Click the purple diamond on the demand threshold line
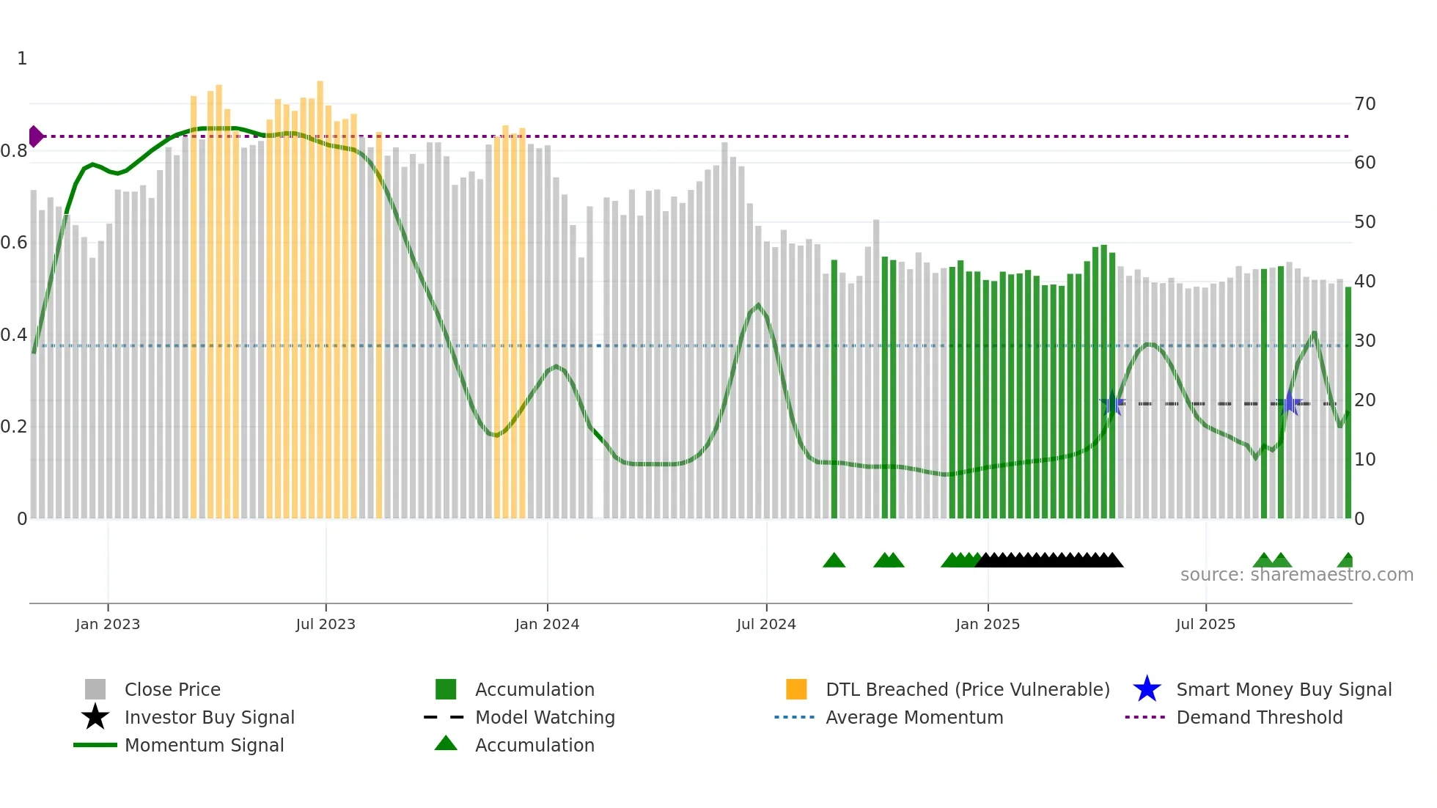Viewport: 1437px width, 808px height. pos(35,136)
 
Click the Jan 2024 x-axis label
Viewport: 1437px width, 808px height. pos(547,624)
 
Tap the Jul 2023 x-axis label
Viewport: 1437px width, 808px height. pos(326,624)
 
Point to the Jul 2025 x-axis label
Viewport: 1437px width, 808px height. pos(1205,624)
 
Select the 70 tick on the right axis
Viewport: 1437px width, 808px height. pos(1364,104)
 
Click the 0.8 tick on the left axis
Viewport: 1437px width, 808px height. pos(14,151)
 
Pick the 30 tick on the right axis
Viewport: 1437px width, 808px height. pos(1364,341)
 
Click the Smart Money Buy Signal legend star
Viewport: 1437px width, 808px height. pos(1147,689)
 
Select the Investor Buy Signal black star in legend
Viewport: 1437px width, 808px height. pos(95,717)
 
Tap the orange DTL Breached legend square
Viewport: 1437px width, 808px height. pos(796,689)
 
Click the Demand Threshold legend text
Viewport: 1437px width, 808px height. pos(1259,717)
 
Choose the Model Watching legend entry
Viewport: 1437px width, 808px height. pos(544,717)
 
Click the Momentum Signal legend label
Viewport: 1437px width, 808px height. pos(204,745)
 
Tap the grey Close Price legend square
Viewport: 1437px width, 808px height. pos(95,689)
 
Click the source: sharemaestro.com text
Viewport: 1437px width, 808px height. pos(1296,575)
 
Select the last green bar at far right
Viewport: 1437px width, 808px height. pos(1348,403)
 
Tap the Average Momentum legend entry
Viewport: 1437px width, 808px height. pos(914,717)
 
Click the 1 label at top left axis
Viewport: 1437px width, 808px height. pos(22,59)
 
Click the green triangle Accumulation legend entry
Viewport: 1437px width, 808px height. pos(534,745)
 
